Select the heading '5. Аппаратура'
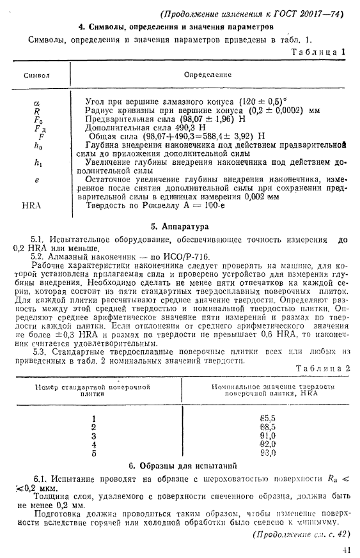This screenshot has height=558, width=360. point(180,226)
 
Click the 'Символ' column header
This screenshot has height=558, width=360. point(37,75)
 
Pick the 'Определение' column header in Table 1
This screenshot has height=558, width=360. point(207,75)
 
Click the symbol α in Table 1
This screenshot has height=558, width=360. point(36,102)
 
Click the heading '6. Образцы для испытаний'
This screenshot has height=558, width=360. point(179,465)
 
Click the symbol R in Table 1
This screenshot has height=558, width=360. point(36,110)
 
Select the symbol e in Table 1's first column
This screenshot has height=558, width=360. point(36,181)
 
